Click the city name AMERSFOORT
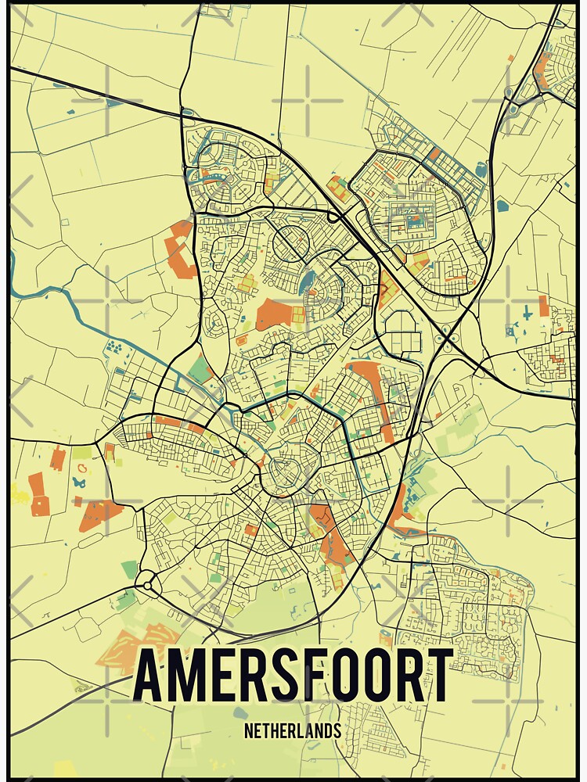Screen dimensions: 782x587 (293, 675)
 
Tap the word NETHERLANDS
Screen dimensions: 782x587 (293, 732)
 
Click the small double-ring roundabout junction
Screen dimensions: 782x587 (145, 583)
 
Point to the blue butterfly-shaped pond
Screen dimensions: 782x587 (78, 484)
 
